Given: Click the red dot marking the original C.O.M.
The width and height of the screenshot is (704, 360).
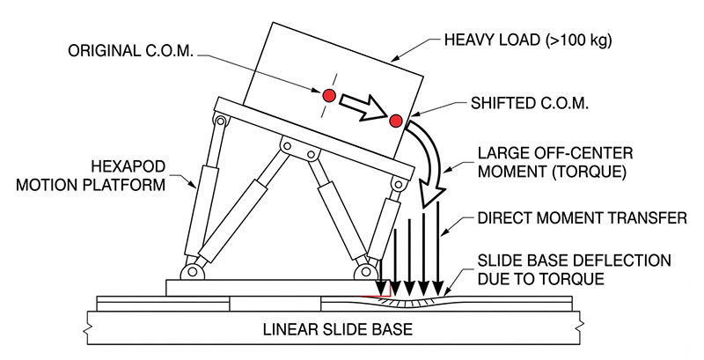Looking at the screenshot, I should (328, 94).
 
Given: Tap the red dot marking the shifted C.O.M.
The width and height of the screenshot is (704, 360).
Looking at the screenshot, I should (395, 120).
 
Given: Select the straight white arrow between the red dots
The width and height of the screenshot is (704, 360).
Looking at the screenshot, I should (362, 106).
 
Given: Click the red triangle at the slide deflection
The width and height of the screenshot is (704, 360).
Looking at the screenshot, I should (384, 290).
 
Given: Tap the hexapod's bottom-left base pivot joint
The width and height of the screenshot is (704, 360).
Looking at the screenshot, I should (188, 268).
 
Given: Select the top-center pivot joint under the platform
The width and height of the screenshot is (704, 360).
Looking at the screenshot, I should (288, 143).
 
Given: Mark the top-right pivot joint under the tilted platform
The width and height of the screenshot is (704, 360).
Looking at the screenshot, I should (400, 186).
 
